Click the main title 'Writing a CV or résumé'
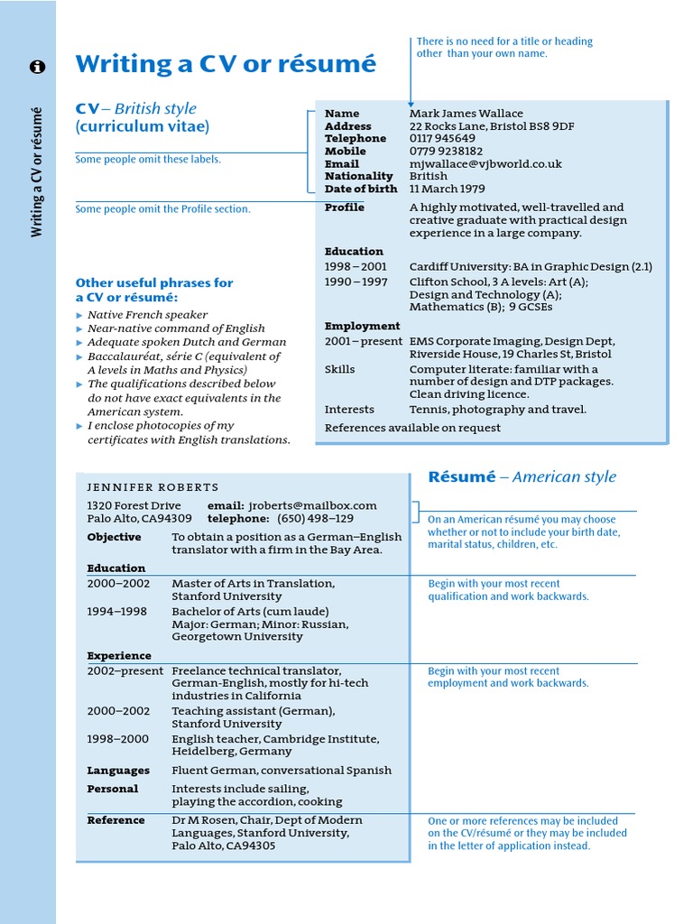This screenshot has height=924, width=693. (x=226, y=65)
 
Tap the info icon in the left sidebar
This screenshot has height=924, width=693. (x=37, y=67)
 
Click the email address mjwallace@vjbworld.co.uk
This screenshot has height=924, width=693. (x=485, y=164)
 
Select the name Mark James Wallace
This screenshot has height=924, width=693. (x=466, y=114)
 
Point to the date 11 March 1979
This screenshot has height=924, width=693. (x=447, y=189)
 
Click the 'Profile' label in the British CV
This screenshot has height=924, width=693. (x=345, y=208)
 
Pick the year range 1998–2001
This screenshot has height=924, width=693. (x=356, y=267)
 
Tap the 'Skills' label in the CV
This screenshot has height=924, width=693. (x=340, y=369)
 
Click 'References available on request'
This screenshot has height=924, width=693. (x=412, y=428)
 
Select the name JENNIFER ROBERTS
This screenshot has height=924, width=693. (x=152, y=487)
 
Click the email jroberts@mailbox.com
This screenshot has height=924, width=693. (x=312, y=505)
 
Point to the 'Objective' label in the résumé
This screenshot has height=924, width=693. (x=114, y=537)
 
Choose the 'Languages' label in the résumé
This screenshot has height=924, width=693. (x=118, y=771)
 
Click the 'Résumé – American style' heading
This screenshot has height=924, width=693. (x=522, y=476)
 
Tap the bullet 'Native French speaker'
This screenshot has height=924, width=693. (x=147, y=315)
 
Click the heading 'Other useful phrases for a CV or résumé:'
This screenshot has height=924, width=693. (x=154, y=290)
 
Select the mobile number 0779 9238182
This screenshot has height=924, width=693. (x=446, y=152)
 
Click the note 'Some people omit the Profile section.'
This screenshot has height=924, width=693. (x=163, y=209)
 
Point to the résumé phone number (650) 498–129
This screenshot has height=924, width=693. (x=315, y=519)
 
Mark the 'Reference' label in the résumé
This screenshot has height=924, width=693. (x=115, y=820)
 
